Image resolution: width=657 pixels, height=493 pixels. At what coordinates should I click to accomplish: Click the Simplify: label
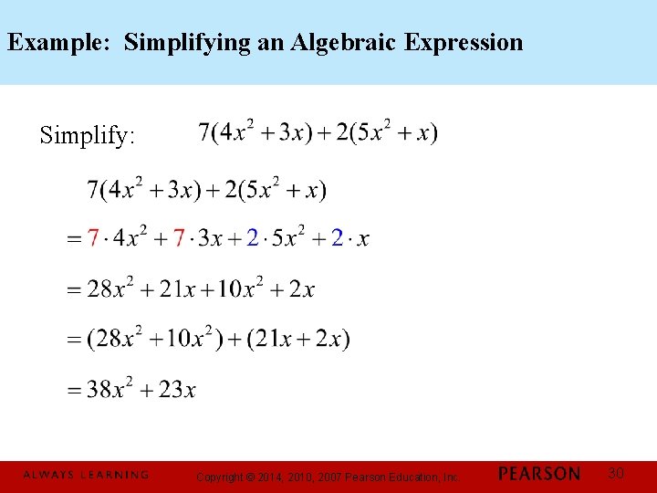pos(88,137)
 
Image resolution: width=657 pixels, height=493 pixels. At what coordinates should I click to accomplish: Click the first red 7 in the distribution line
pos(92,239)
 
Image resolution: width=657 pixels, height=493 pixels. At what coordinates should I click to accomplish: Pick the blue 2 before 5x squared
pos(253,239)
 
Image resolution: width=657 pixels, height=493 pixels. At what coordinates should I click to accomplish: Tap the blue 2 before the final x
pos(338,239)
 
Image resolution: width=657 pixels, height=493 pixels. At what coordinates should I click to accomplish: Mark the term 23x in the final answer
pos(177,391)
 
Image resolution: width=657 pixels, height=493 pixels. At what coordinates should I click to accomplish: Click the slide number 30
pos(616,473)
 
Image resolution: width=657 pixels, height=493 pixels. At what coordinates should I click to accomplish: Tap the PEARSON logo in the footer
pos(538,474)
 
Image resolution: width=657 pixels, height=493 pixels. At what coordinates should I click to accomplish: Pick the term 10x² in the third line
pos(242,289)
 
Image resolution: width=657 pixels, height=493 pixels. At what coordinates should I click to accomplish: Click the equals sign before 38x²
pos(75,391)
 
